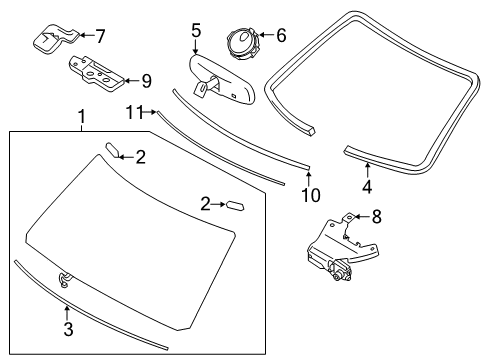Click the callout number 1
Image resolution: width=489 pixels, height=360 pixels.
click(81, 118)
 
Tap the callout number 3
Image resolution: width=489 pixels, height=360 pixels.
click(67, 328)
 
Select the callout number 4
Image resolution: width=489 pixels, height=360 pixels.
click(367, 185)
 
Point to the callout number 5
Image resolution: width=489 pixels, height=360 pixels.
click(196, 30)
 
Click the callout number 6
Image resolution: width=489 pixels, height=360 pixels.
click(280, 36)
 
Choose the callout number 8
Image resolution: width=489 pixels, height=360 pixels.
click(377, 215)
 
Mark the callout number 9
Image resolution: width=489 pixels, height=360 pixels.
click(146, 80)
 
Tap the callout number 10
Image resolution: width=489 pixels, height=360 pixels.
click(311, 194)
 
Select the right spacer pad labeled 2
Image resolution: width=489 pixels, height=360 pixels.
click(237, 204)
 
